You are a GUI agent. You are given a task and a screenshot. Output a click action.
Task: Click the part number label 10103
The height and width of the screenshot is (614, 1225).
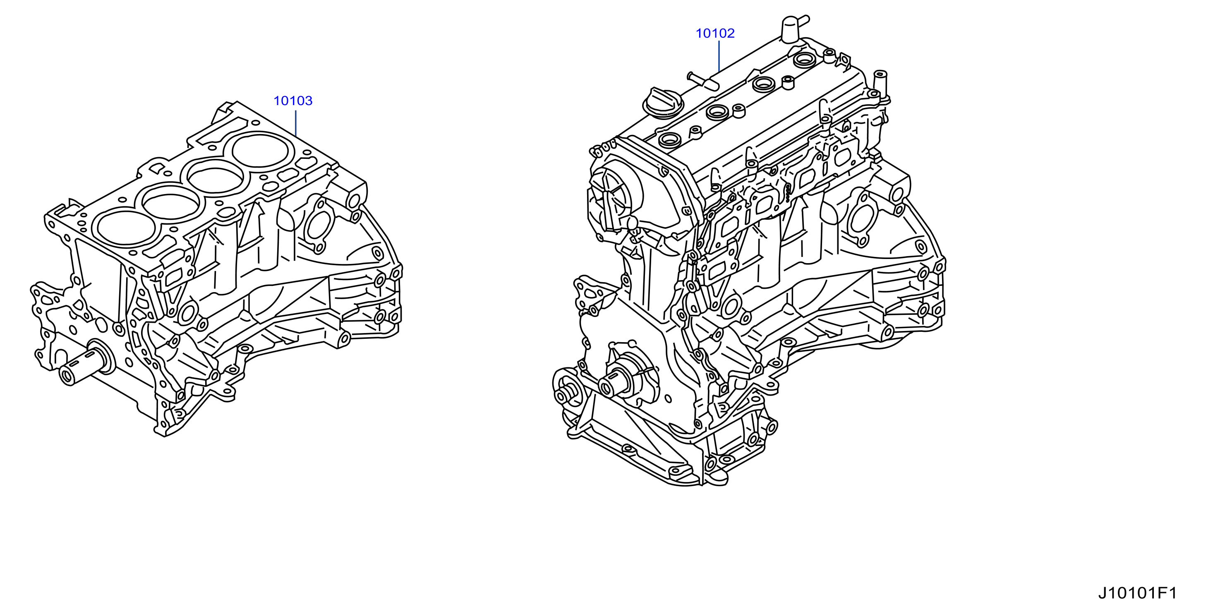tap(293, 101)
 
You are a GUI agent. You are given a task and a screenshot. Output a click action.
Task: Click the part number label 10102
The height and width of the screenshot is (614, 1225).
tap(715, 33)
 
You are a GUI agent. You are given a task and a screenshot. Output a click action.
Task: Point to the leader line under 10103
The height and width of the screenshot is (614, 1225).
tap(295, 124)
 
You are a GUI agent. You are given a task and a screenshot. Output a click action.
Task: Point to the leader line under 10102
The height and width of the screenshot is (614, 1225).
tap(719, 56)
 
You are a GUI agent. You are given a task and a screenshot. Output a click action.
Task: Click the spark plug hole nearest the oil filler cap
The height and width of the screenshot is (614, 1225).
tap(669, 139)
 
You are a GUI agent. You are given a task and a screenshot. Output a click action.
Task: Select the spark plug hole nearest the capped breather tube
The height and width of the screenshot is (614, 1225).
tap(805, 60)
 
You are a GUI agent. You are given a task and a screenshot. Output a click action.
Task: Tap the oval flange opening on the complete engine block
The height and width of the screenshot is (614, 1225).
tap(862, 218)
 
